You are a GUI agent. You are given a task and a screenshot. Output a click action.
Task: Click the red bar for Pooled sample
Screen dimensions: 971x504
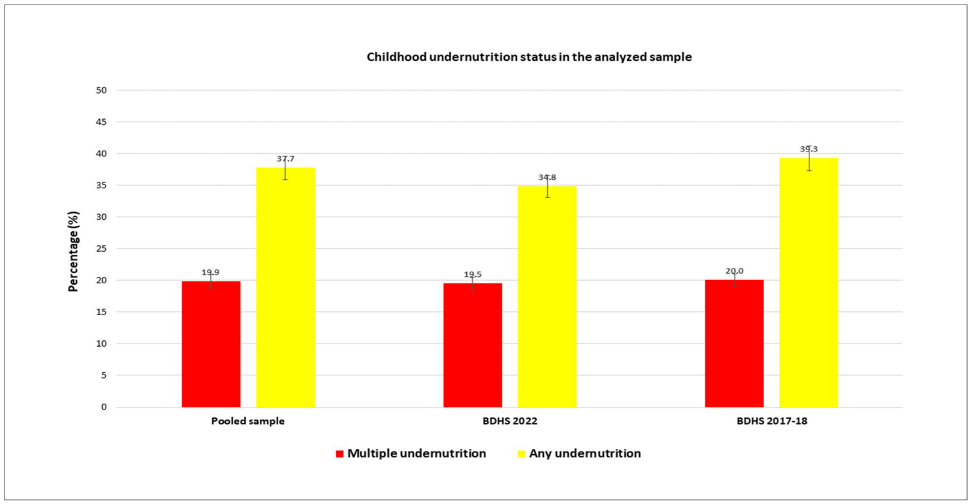(211, 344)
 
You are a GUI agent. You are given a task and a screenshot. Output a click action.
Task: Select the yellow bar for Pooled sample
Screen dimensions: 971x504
(286, 287)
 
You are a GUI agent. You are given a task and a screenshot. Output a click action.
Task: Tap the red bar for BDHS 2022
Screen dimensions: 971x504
(472, 345)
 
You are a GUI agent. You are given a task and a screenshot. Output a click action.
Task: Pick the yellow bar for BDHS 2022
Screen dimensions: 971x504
(547, 297)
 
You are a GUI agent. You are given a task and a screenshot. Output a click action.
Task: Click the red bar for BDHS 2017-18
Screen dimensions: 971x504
(734, 344)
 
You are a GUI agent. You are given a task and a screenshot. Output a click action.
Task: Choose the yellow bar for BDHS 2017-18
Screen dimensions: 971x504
(809, 283)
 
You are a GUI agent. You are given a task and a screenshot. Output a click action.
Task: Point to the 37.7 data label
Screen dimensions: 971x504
(286, 159)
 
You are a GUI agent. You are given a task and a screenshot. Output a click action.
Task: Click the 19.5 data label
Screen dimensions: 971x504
(472, 274)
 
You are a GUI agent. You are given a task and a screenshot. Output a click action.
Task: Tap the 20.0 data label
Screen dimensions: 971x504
(734, 271)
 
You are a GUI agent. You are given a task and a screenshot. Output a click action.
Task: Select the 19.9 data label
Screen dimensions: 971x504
(211, 272)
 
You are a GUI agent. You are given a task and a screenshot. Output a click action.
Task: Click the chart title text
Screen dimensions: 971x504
(529, 57)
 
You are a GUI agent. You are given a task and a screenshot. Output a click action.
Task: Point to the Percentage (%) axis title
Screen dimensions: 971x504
(73, 251)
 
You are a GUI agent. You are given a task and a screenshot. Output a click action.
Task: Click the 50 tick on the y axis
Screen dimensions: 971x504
(102, 90)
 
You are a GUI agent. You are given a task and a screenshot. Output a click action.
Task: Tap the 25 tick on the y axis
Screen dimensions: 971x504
(102, 248)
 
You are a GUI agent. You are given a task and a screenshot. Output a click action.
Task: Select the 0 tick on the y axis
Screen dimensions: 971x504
(104, 407)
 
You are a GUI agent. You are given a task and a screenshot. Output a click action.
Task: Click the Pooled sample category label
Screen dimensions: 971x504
(248, 421)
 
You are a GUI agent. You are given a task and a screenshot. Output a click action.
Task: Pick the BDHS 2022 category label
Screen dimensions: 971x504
(510, 421)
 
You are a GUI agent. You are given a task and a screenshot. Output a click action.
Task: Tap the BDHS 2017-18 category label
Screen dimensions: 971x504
(772, 421)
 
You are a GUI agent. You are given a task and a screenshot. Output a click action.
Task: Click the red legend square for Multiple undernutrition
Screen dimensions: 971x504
(340, 454)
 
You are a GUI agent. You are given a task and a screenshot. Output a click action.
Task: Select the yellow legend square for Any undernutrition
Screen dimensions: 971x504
(522, 454)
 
